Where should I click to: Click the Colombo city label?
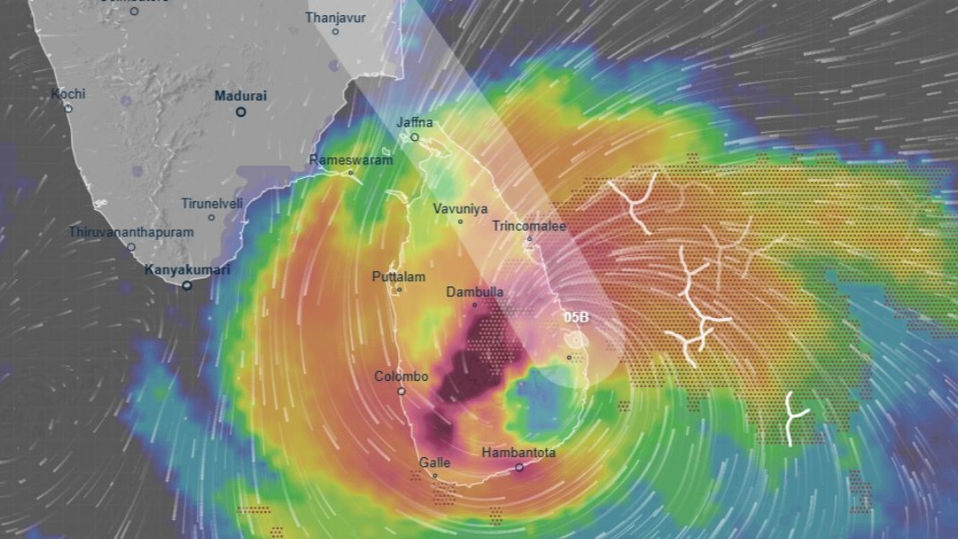coord(401,376)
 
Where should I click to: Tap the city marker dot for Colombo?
coord(401,391)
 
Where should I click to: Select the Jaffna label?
coord(414,122)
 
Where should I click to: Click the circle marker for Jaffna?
coord(414,137)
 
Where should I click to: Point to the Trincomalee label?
coord(528,225)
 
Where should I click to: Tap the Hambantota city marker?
coord(519,467)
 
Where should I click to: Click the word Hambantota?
coord(519,453)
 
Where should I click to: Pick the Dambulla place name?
coord(475,292)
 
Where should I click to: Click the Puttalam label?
coord(398,277)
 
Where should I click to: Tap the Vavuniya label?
coord(460,208)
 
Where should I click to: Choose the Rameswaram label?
coord(350,160)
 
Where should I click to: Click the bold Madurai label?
coord(241,95)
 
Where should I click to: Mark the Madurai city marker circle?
coord(241,111)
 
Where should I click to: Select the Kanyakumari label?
coord(188,269)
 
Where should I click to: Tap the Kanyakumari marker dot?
coord(187,286)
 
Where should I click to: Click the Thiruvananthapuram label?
coord(131,232)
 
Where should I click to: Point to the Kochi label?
coord(67,93)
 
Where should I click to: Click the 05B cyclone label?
coord(576,317)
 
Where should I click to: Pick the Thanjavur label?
coord(335,17)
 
